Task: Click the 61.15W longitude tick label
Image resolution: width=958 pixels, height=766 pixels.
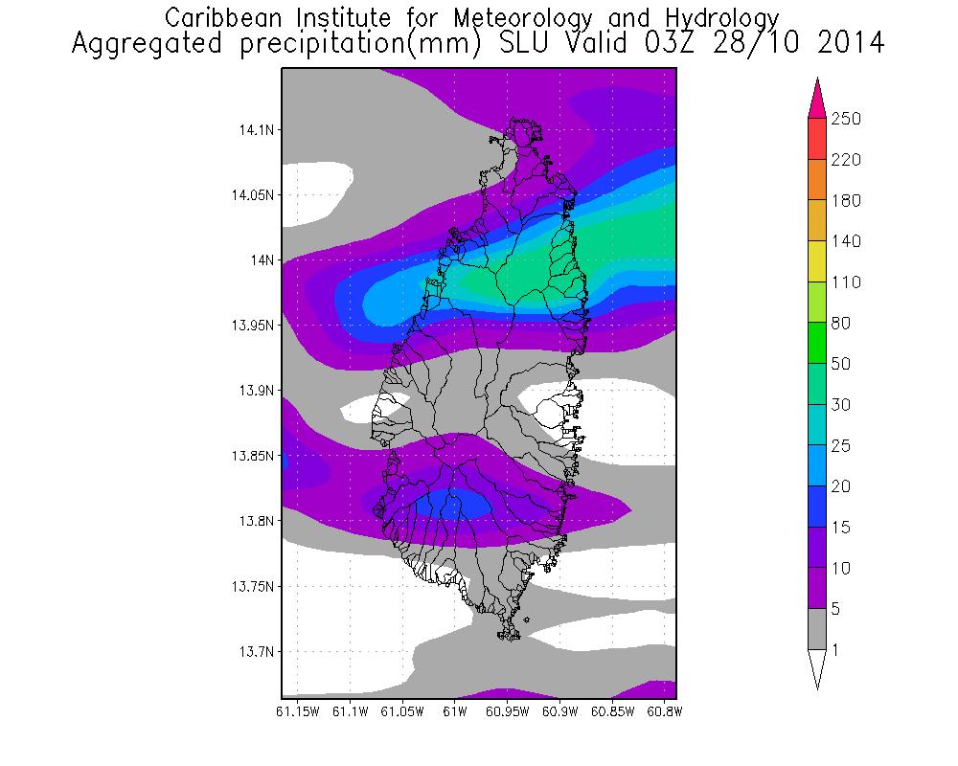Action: pos(296,712)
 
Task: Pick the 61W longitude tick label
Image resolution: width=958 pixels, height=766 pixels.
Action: pos(454,712)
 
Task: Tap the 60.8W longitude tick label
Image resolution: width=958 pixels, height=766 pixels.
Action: pos(664,712)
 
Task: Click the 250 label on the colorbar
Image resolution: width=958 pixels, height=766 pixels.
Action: pos(847,119)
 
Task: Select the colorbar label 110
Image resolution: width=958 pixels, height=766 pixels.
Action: pos(847,282)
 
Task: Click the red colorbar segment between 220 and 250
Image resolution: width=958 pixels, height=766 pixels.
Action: pos(817,139)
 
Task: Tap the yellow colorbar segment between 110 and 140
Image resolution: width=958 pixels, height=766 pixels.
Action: pos(817,261)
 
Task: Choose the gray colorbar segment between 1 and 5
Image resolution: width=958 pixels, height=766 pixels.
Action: pos(817,630)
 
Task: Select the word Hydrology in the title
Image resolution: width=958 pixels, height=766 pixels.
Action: pos(716,18)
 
